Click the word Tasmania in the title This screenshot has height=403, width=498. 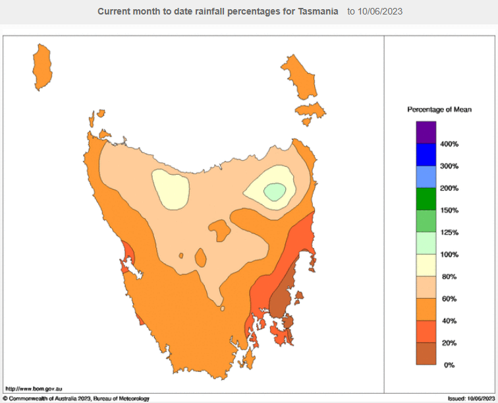[x=317, y=12]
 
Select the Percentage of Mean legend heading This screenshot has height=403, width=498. [x=439, y=109]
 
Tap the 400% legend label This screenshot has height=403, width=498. [x=449, y=144]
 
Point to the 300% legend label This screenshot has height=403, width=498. [x=449, y=166]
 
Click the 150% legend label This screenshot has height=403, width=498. [x=449, y=210]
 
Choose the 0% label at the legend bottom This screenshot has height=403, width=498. [x=449, y=365]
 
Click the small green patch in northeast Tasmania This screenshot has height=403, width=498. [x=275, y=191]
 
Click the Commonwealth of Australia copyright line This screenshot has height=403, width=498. [x=76, y=398]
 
